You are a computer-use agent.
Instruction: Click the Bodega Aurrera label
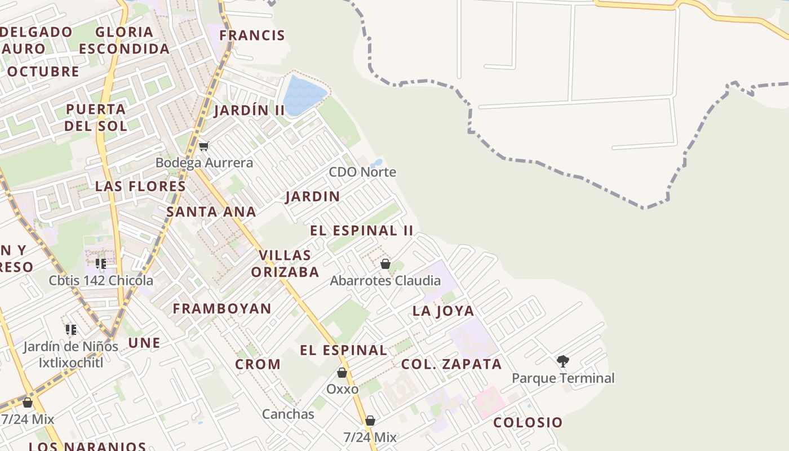coord(204,163)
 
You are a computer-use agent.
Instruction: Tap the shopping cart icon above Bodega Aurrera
coord(203,147)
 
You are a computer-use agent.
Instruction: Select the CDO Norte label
coord(362,172)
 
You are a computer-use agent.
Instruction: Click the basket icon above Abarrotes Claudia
coord(385,264)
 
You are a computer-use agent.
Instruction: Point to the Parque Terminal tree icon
coord(562,361)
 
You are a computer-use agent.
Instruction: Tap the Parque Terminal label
coord(563,378)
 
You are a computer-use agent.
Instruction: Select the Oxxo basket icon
coord(342,373)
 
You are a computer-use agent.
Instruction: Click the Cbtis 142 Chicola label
coord(101,280)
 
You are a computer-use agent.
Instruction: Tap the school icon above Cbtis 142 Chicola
coord(101,264)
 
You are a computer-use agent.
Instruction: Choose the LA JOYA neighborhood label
coord(444,311)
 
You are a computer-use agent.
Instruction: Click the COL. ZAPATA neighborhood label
coord(451,364)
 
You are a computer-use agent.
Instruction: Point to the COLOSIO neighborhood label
coord(528,422)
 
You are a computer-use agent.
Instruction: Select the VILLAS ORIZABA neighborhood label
coord(285,264)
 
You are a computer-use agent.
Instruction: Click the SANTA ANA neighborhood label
coord(211,212)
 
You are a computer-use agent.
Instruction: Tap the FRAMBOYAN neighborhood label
coord(222,308)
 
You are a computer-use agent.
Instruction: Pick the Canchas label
coord(288,414)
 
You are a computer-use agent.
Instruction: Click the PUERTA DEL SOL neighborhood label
coord(96,117)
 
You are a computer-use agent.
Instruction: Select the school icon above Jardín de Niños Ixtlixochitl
coord(71,330)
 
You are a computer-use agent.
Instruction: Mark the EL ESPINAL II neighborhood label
coord(362,231)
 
